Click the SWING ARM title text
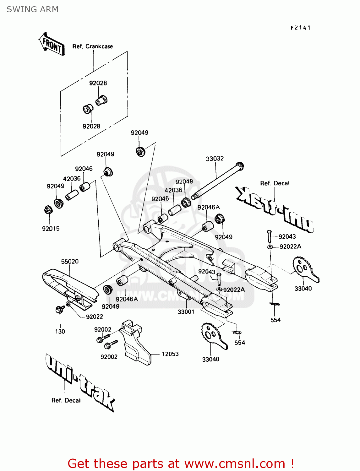coord(32,9)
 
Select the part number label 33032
coord(215,159)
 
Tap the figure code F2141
coord(301,28)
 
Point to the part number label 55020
coord(70,262)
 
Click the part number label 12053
coord(170,354)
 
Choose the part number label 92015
coord(51,229)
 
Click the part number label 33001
coord(186,311)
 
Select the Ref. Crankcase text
coord(92,46)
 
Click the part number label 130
coord(60,331)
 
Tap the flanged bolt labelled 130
coord(59,309)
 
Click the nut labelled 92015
coord(48,209)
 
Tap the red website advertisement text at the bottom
coord(181,463)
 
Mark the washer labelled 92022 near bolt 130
coord(68,304)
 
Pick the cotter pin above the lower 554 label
coord(237,333)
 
